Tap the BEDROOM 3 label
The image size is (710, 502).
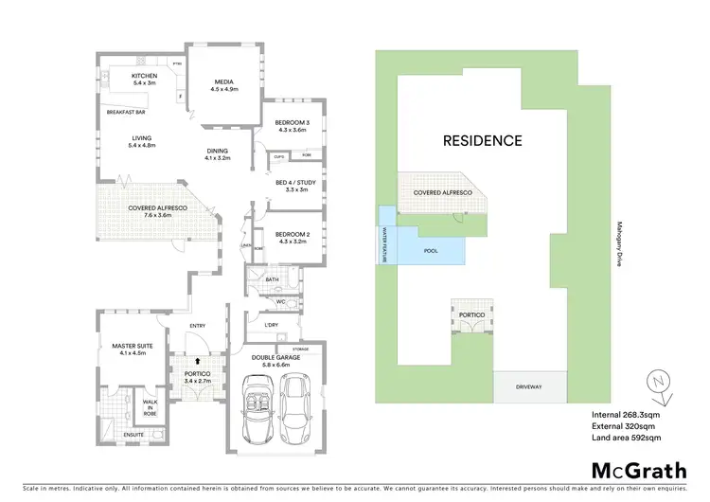tap(293, 124)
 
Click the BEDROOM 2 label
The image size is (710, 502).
tap(293, 234)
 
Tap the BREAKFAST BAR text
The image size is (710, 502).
tap(125, 112)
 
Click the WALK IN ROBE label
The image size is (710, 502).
tap(151, 409)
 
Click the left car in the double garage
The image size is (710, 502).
tap(258, 409)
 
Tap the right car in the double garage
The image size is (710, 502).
tap(295, 402)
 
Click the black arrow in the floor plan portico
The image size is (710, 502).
tap(197, 361)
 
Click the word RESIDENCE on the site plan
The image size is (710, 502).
tap(483, 141)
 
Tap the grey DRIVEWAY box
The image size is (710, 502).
tap(530, 387)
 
